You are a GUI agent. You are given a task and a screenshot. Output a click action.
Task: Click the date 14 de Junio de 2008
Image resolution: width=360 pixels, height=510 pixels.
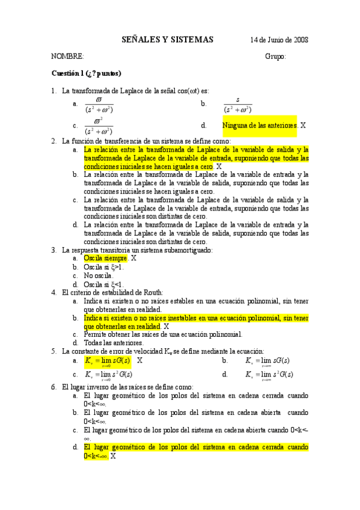click(x=279, y=40)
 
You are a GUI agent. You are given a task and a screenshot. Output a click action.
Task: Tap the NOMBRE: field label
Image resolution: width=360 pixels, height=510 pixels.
click(x=67, y=56)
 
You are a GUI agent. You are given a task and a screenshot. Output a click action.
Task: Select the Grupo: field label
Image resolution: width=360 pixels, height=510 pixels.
click(x=275, y=56)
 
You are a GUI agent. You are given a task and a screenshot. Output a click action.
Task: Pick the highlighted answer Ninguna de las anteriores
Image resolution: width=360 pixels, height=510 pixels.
click(x=260, y=126)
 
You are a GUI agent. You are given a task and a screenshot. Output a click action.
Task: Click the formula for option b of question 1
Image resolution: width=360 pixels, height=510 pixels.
click(x=237, y=105)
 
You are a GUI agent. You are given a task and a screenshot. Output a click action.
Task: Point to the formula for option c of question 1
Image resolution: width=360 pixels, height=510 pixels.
click(x=99, y=127)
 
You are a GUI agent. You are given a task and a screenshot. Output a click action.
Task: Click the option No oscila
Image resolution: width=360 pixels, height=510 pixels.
click(x=98, y=275)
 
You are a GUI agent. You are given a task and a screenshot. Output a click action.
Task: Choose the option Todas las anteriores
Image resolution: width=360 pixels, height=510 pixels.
click(x=114, y=343)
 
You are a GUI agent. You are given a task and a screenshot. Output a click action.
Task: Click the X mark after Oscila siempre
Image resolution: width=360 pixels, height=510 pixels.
click(x=134, y=258)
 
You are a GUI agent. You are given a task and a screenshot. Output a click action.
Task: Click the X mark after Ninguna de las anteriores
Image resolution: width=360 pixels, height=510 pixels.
click(x=303, y=126)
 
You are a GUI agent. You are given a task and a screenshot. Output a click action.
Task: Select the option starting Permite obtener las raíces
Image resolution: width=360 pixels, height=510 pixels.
click(x=163, y=334)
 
